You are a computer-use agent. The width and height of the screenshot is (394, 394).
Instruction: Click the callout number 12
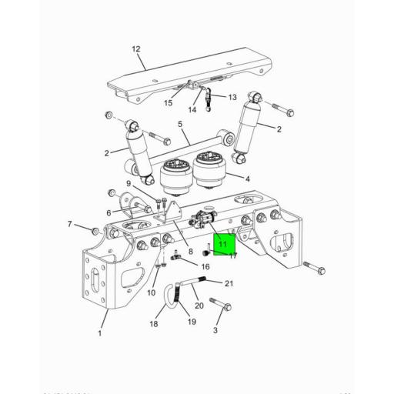coord(136,49)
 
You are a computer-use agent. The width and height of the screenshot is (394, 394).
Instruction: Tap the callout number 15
coord(168,103)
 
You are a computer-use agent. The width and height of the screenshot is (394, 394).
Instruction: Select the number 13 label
coord(232,98)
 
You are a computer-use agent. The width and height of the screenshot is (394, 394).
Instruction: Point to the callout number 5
coord(179,124)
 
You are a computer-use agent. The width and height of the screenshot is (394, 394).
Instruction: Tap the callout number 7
coord(69,225)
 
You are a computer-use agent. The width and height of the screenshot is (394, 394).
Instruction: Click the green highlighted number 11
coord(222,245)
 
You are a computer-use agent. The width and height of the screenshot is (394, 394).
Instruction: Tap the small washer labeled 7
coord(95,230)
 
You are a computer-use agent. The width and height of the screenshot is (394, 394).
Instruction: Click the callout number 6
coord(109,212)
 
